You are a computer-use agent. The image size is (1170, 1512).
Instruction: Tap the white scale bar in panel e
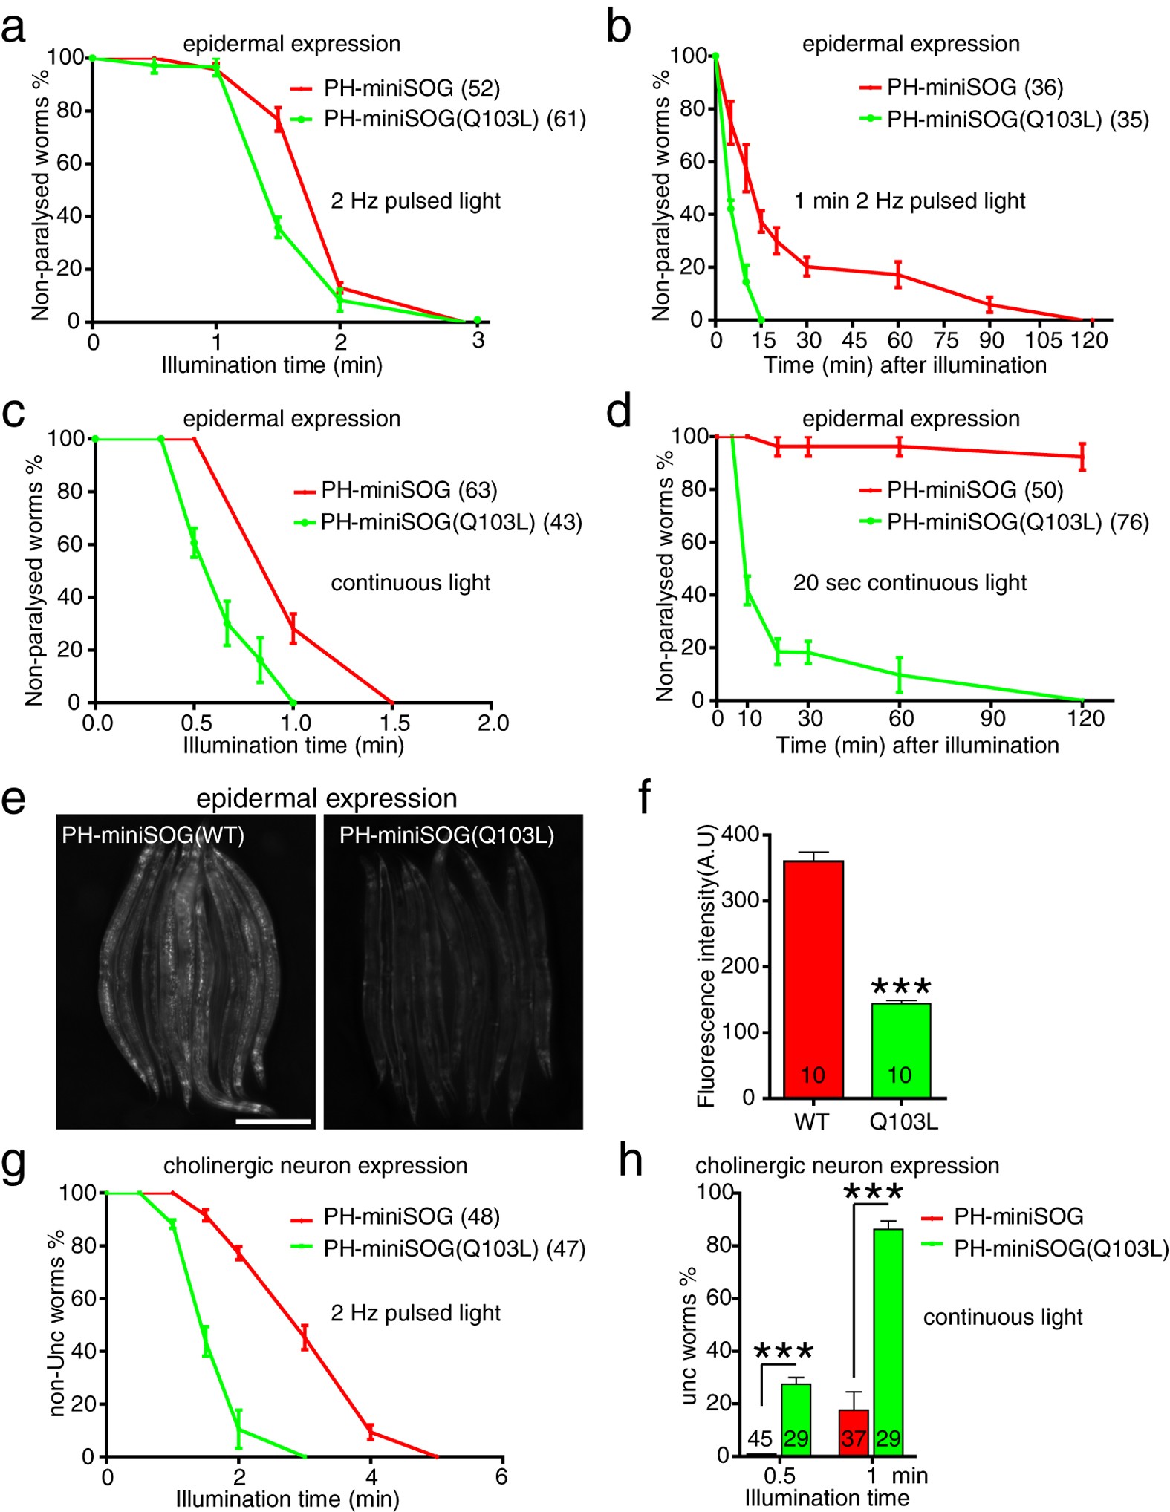(x=273, y=1121)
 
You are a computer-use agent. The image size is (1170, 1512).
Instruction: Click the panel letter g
(x=14, y=1164)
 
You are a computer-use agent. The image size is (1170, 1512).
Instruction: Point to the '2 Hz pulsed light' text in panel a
(x=415, y=201)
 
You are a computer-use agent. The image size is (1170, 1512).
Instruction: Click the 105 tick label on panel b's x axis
(x=1043, y=341)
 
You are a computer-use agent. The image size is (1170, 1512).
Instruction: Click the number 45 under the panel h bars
(x=759, y=1439)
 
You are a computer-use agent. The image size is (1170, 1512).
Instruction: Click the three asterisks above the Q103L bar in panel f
(x=900, y=987)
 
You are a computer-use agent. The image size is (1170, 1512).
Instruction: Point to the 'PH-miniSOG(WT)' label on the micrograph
(x=153, y=835)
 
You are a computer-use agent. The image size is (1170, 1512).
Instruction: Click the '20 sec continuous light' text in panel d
(x=909, y=583)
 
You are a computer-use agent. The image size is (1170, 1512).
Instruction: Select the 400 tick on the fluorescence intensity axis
(x=740, y=835)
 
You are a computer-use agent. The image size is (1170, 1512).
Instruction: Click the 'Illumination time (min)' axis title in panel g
(x=287, y=1499)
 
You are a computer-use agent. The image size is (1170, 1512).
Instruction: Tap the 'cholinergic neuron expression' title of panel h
(x=847, y=1165)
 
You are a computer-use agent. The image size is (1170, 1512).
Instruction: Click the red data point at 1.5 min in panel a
(x=279, y=119)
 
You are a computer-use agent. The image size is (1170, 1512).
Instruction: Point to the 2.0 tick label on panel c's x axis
(x=493, y=723)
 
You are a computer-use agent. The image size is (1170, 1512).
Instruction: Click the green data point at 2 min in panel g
(x=238, y=1429)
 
